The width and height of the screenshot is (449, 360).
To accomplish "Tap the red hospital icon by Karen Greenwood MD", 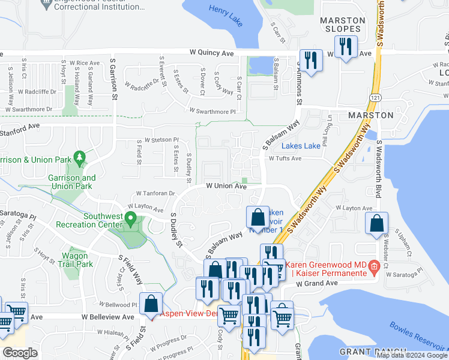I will pos(374,265).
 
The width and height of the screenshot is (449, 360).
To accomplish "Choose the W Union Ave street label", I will pos(226,186).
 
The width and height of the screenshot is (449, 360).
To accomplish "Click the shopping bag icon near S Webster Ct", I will pos(376,224).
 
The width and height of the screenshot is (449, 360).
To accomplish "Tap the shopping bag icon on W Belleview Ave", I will pos(151,304).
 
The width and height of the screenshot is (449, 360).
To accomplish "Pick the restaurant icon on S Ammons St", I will pos(310,61).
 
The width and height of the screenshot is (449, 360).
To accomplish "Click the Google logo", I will pos(20,353).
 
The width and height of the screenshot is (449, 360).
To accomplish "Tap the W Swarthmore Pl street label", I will pos(212,111).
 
